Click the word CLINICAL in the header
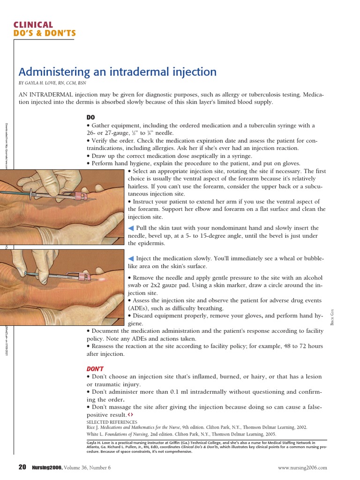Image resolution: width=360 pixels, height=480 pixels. (x=33, y=25)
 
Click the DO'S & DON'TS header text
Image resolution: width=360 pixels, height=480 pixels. (x=45, y=33)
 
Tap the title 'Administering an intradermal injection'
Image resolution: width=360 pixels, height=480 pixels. (x=117, y=72)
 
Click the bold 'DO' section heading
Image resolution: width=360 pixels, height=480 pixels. (x=91, y=117)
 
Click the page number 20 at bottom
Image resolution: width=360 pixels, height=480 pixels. (x=22, y=467)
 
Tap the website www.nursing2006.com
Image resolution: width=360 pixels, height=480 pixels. (x=302, y=467)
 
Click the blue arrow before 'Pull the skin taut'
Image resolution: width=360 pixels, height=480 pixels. (x=131, y=228)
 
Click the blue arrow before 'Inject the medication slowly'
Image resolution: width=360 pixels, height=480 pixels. (x=131, y=258)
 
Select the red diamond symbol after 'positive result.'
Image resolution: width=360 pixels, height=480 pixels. (x=131, y=415)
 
